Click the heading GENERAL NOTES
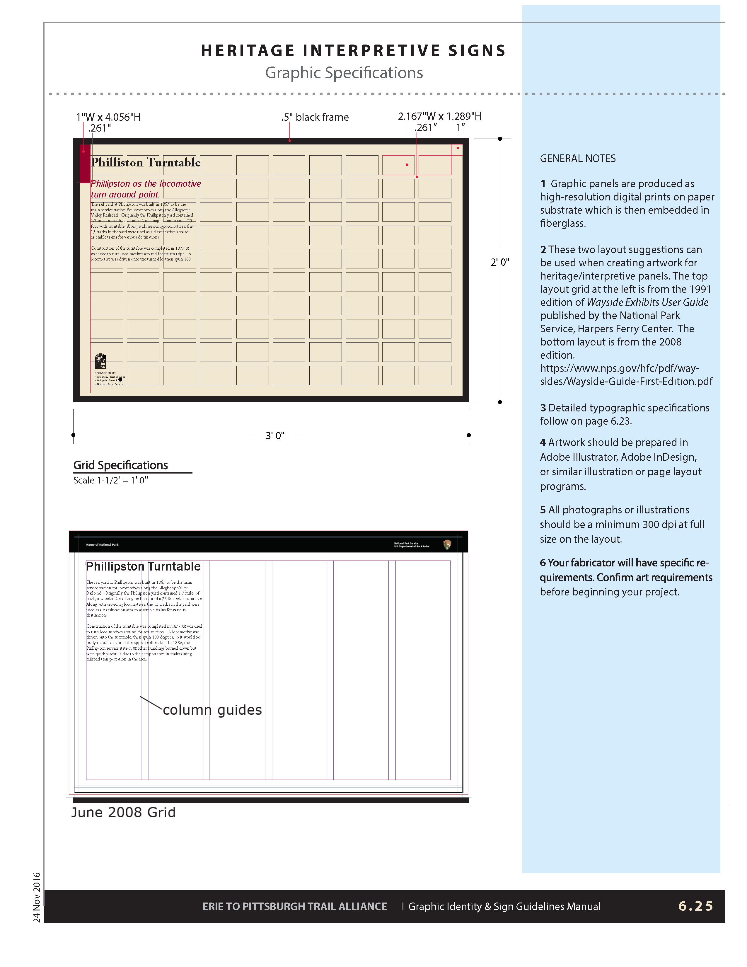tap(577, 159)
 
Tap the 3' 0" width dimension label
tap(275, 436)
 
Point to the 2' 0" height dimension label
tap(500, 262)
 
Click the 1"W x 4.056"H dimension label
tap(108, 117)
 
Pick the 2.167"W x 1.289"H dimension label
tap(439, 116)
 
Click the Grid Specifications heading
tap(120, 465)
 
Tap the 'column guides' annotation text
tap(212, 710)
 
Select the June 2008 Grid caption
tap(123, 813)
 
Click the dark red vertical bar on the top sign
tap(85, 164)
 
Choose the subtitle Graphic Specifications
tap(344, 73)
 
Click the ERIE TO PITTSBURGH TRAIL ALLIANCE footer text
tap(294, 906)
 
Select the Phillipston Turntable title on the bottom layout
tap(143, 566)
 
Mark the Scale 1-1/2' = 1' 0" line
tap(111, 480)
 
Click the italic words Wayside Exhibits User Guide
tap(647, 302)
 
